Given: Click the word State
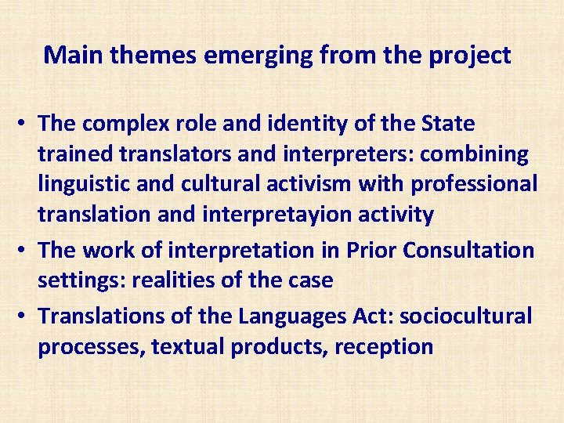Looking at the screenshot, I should [447, 124].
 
